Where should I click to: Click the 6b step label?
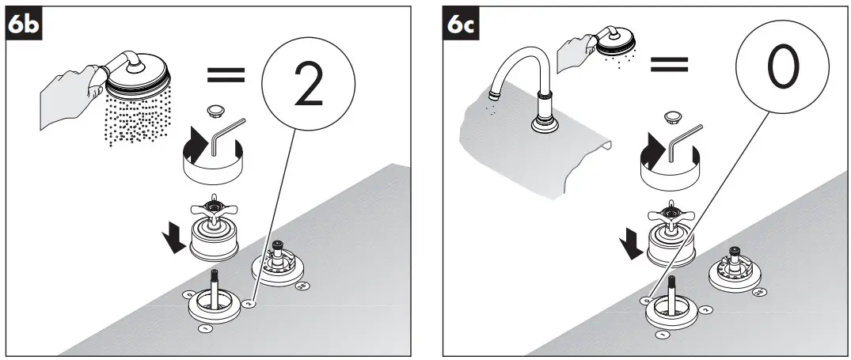22,25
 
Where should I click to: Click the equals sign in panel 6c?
669,63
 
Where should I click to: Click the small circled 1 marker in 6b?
205,326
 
